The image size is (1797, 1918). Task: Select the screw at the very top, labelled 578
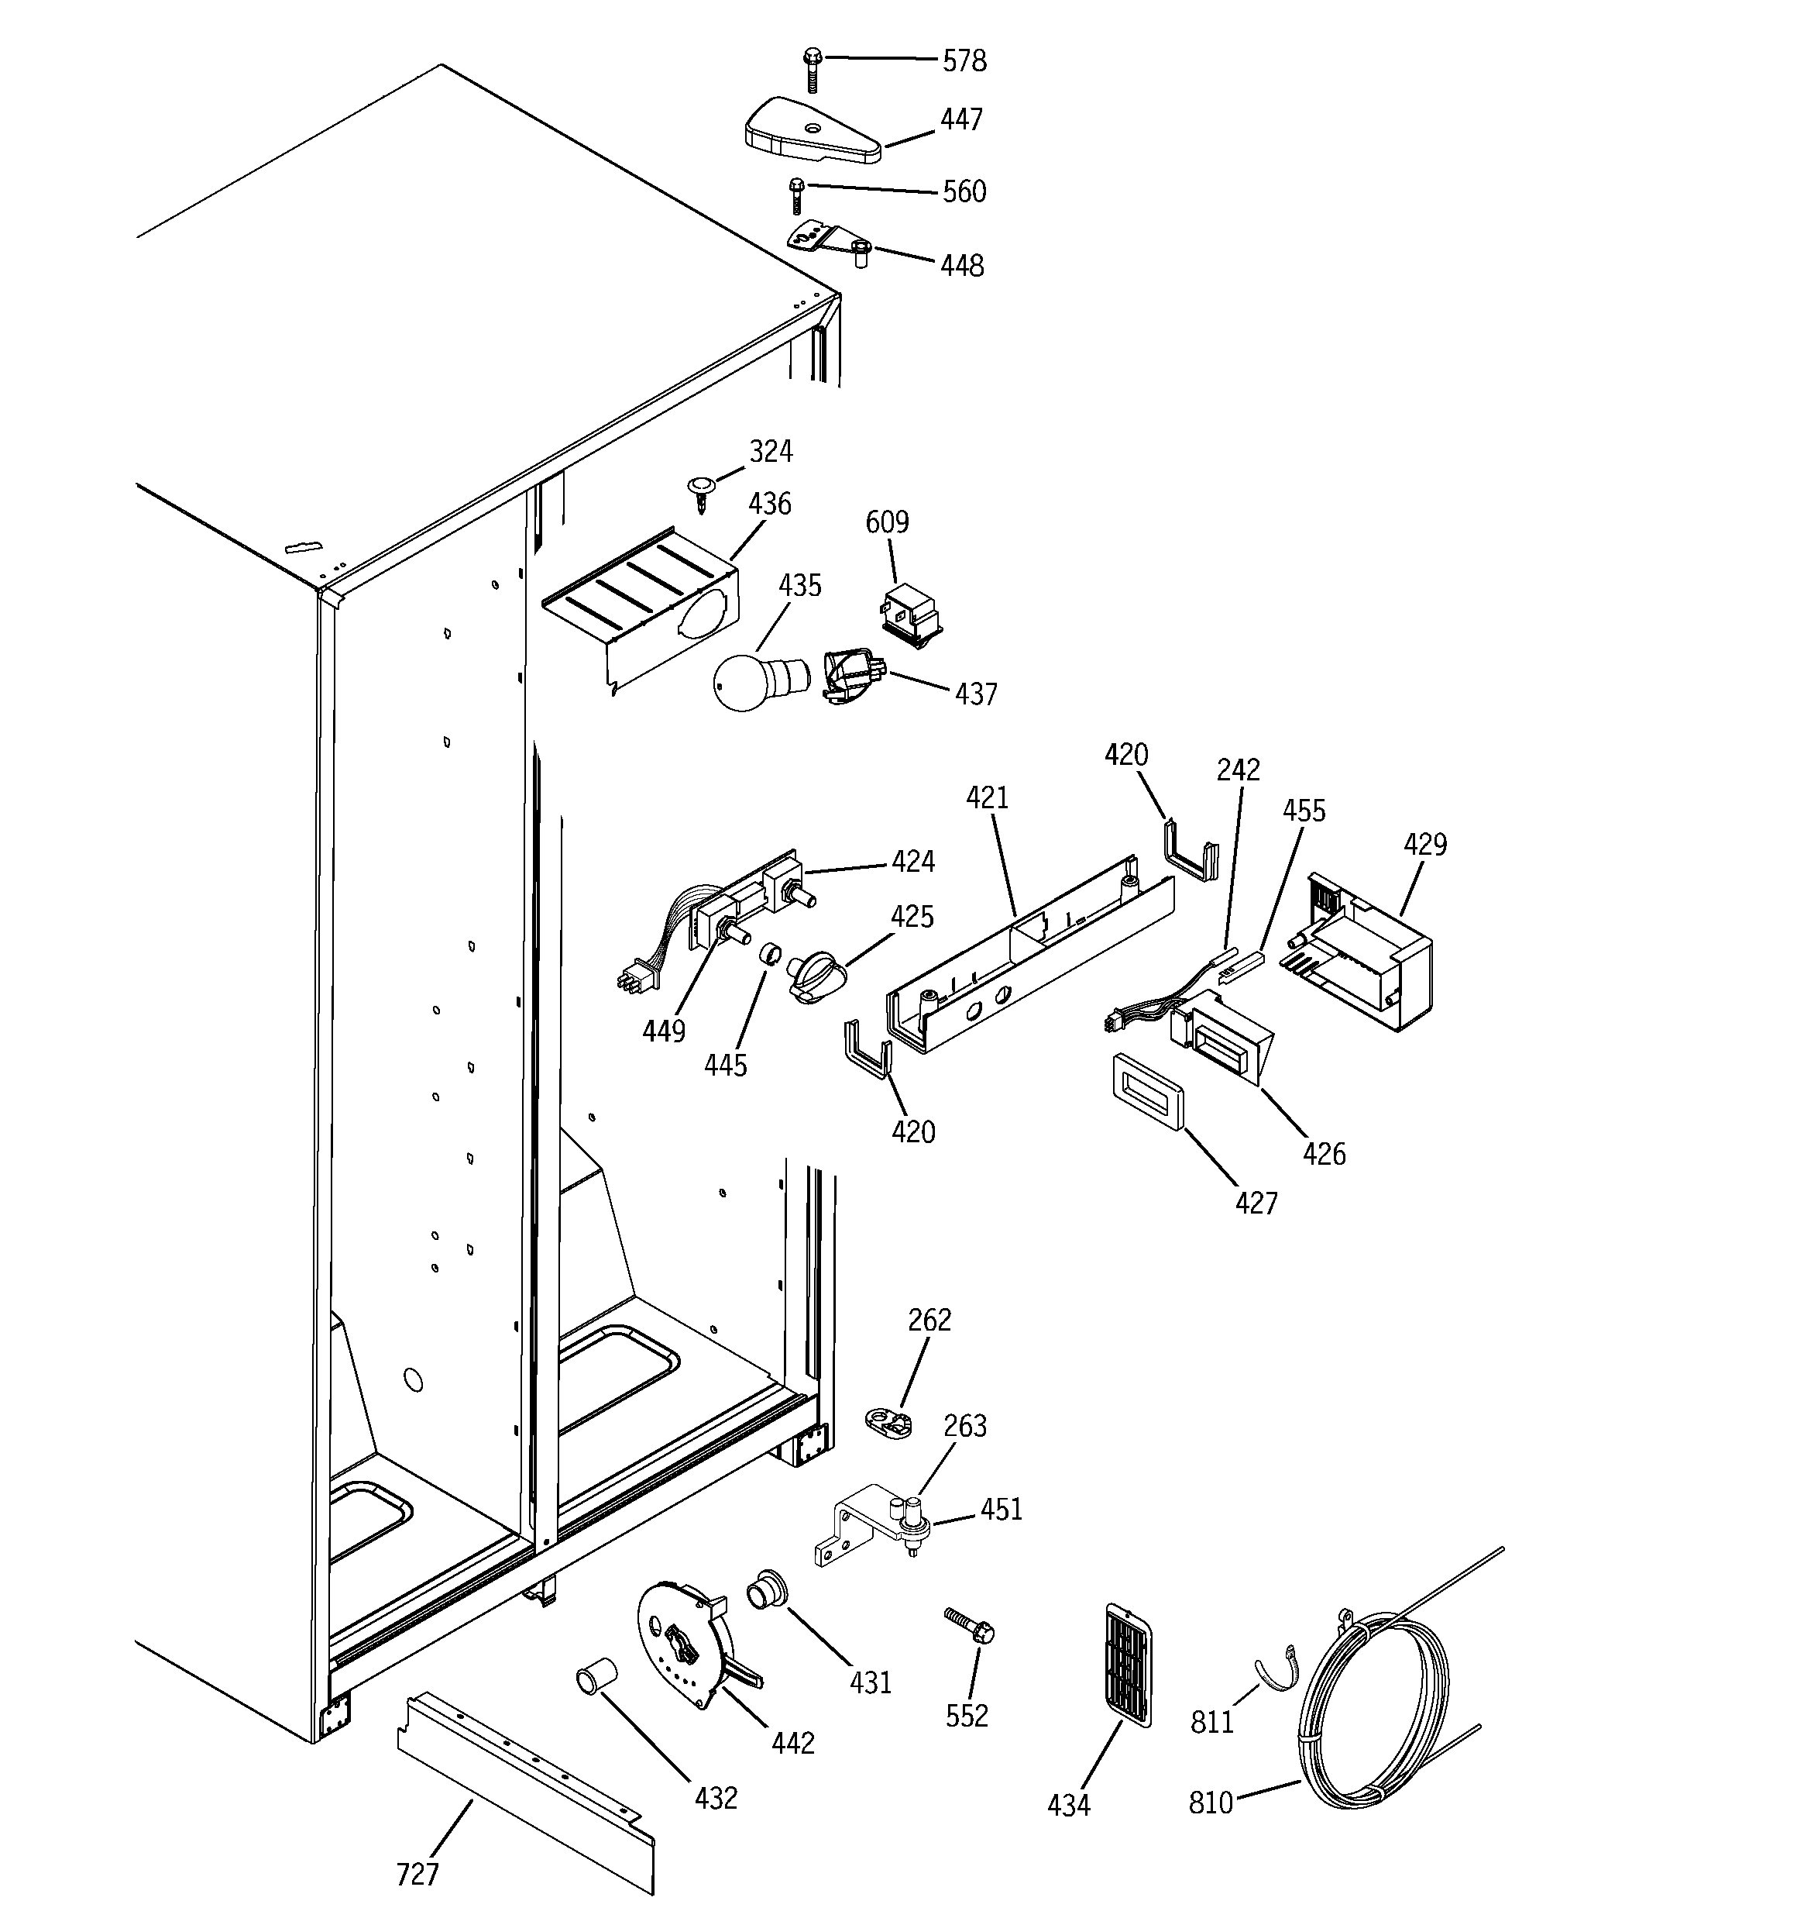click(811, 71)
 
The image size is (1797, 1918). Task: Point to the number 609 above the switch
click(886, 522)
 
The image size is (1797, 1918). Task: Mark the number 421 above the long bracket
click(987, 798)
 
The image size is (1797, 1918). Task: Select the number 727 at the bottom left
click(417, 1875)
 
